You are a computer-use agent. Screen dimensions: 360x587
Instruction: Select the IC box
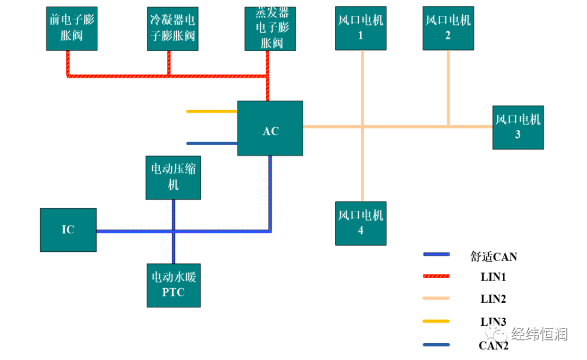pyautogui.click(x=68, y=229)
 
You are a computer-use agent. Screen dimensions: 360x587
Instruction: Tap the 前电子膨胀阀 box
pyautogui.click(x=72, y=28)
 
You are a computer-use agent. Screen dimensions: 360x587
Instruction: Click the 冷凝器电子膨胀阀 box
pyautogui.click(x=172, y=28)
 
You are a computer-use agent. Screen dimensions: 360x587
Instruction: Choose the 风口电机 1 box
pyautogui.click(x=360, y=28)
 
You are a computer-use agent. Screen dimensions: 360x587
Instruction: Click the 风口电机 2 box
pyautogui.click(x=448, y=28)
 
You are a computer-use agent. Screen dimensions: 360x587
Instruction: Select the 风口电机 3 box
pyautogui.click(x=517, y=127)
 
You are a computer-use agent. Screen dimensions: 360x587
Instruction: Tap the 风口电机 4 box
pyautogui.click(x=360, y=223)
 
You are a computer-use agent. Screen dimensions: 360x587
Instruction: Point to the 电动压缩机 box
pyautogui.click(x=173, y=177)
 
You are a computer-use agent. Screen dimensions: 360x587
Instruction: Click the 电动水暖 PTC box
pyautogui.click(x=173, y=285)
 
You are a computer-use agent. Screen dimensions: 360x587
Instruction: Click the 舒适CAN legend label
pyautogui.click(x=494, y=256)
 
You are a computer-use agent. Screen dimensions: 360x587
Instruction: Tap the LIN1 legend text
pyautogui.click(x=494, y=277)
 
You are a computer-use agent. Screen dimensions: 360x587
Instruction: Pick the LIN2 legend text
pyautogui.click(x=494, y=299)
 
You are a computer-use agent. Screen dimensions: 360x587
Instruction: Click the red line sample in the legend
pyautogui.click(x=436, y=276)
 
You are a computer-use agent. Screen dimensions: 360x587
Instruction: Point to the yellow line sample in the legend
pyautogui.click(x=436, y=321)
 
